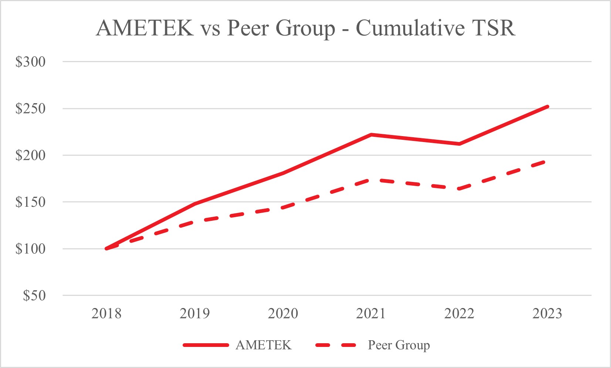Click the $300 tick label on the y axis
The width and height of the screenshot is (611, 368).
click(x=30, y=62)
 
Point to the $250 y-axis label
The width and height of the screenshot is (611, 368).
click(x=30, y=109)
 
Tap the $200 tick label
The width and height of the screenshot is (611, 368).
click(x=30, y=155)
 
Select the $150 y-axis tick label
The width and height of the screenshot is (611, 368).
click(x=30, y=202)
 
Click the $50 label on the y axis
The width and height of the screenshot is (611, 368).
click(x=34, y=296)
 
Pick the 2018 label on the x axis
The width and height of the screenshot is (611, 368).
click(x=106, y=314)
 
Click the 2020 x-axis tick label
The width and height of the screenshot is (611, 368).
click(x=283, y=314)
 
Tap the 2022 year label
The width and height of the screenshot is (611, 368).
click(x=459, y=314)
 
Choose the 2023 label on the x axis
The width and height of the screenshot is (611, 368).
click(x=547, y=314)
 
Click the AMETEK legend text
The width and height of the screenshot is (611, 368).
click(x=264, y=345)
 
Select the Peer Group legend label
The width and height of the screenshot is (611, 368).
click(x=399, y=345)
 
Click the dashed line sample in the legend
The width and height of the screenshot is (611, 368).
click(x=336, y=345)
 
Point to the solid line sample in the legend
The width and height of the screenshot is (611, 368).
click(x=206, y=345)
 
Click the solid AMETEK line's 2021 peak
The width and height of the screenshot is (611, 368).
click(x=371, y=135)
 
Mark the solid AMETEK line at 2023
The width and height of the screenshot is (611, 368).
click(x=547, y=107)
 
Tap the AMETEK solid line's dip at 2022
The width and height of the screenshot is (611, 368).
click(x=459, y=144)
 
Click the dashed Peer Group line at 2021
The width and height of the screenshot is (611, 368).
click(x=371, y=180)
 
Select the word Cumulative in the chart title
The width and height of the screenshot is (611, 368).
click(x=410, y=28)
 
